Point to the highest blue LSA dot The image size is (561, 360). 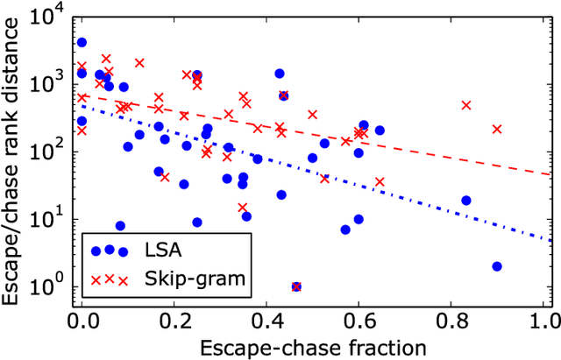click(82, 42)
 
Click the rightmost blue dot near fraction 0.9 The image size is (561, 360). click(497, 266)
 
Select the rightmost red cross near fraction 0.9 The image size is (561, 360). click(497, 129)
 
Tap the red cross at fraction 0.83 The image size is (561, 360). click(466, 105)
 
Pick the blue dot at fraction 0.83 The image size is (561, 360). click(466, 201)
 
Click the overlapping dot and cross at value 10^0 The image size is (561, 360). click(296, 286)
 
